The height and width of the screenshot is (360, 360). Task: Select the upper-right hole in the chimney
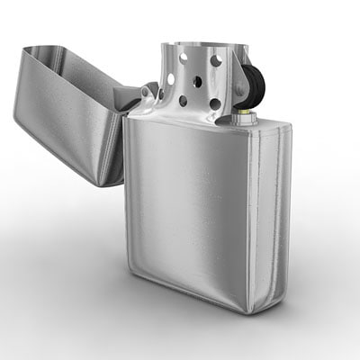click(216, 61)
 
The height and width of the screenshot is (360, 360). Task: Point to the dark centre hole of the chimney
click(196, 80)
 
